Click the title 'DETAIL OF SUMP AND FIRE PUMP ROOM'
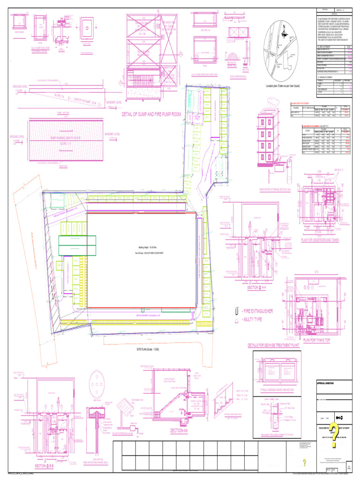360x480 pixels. [x=151, y=114]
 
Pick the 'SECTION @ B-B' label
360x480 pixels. [x=46, y=466]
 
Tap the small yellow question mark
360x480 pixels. [x=304, y=463]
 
